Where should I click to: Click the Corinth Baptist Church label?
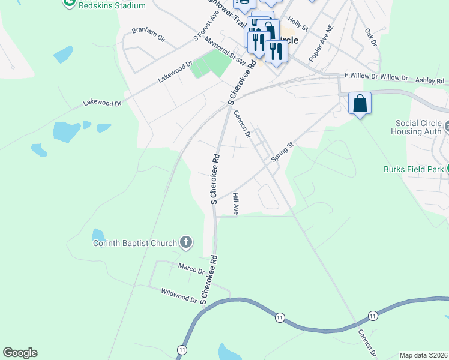(134, 243)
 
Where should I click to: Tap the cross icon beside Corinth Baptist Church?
(186, 242)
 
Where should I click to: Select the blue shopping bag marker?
(360, 103)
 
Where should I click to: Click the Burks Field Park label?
(414, 169)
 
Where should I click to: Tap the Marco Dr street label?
(191, 268)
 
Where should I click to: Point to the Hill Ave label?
(236, 203)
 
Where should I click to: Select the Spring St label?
(282, 151)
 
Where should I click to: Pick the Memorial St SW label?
(225, 51)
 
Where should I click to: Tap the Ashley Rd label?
(429, 80)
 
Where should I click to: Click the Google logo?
(20, 353)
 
